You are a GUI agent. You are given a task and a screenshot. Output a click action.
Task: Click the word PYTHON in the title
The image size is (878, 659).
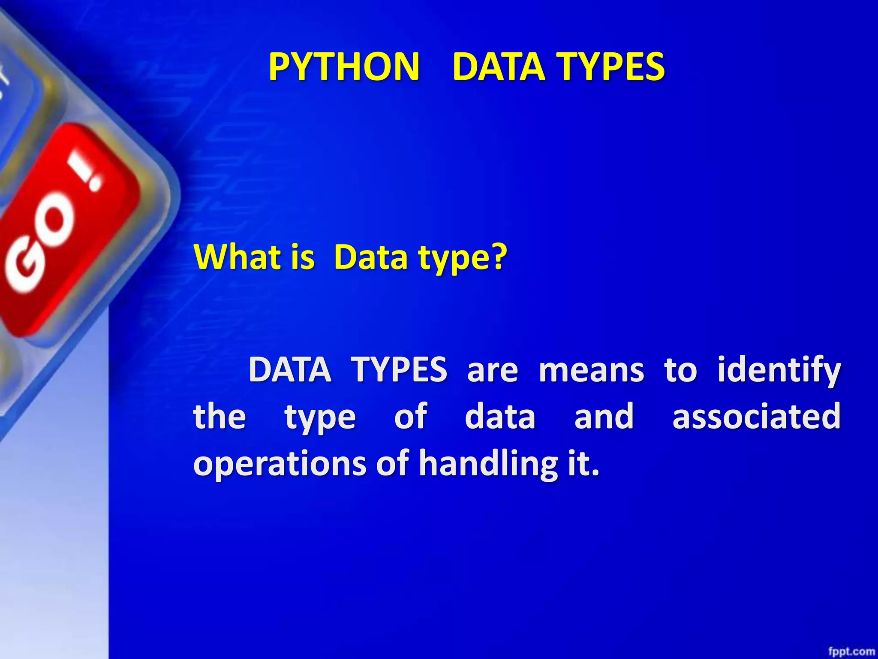344,67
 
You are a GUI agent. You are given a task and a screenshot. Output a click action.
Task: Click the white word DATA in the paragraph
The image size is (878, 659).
290,370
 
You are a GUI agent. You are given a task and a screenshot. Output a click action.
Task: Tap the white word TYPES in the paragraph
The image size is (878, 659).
399,370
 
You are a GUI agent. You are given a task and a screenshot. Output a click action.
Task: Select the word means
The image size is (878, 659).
591,370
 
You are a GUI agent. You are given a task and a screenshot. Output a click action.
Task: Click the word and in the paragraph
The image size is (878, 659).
604,416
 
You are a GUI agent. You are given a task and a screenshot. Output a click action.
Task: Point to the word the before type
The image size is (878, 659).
219,416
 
